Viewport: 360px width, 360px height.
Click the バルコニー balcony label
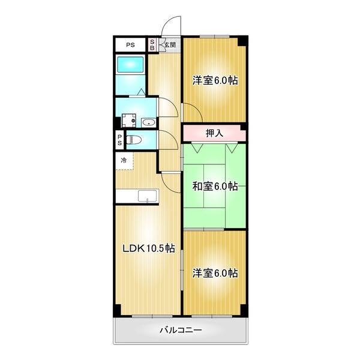pyautogui.click(x=180, y=330)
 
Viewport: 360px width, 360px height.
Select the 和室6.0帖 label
pyautogui.click(x=215, y=186)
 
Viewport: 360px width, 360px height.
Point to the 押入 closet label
pyautogui.click(x=214, y=133)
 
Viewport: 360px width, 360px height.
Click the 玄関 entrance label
pyautogui.click(x=170, y=45)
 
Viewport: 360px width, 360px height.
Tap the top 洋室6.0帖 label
pyautogui.click(x=215, y=80)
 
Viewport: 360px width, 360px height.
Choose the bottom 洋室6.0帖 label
pyautogui.click(x=215, y=273)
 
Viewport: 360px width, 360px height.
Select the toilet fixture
pyautogui.click(x=134, y=140)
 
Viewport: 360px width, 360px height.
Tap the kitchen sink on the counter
pyautogui.click(x=147, y=196)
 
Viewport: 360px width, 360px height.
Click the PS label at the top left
pyautogui.click(x=130, y=45)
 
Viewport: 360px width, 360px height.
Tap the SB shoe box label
pyautogui.click(x=152, y=45)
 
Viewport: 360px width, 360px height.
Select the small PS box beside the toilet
pyautogui.click(x=119, y=140)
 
